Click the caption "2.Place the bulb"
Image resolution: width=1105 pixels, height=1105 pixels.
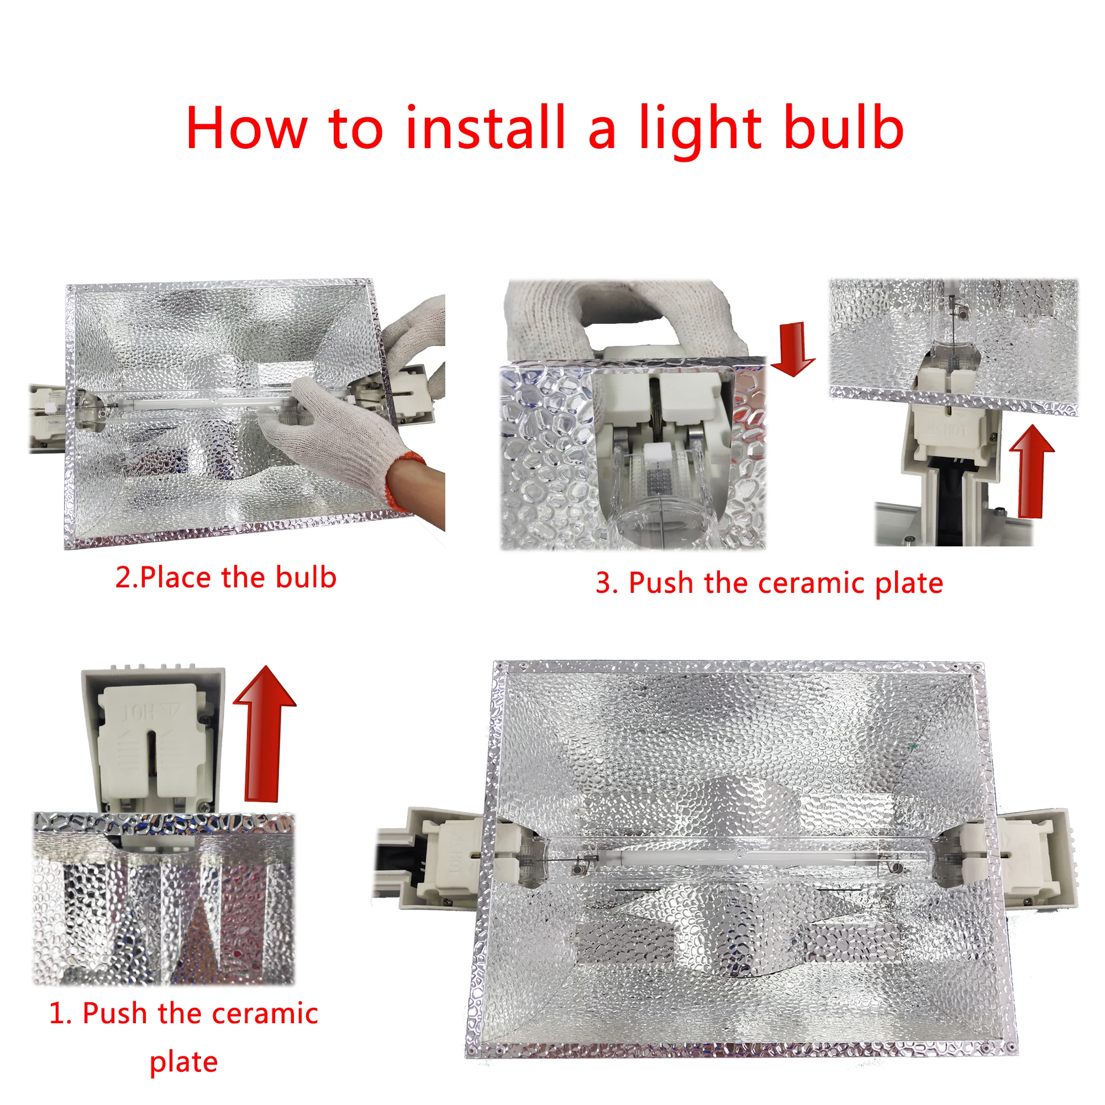[x=226, y=577]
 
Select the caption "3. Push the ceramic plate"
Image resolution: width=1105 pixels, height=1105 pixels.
[x=769, y=583]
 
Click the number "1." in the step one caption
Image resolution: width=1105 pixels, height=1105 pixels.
[x=61, y=1013]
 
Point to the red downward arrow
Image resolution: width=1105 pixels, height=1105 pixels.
[x=793, y=349]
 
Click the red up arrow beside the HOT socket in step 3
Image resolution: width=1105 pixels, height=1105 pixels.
[x=1031, y=471]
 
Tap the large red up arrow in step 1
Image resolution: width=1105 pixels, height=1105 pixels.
[x=264, y=734]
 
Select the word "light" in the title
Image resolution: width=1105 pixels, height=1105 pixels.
[x=700, y=131]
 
